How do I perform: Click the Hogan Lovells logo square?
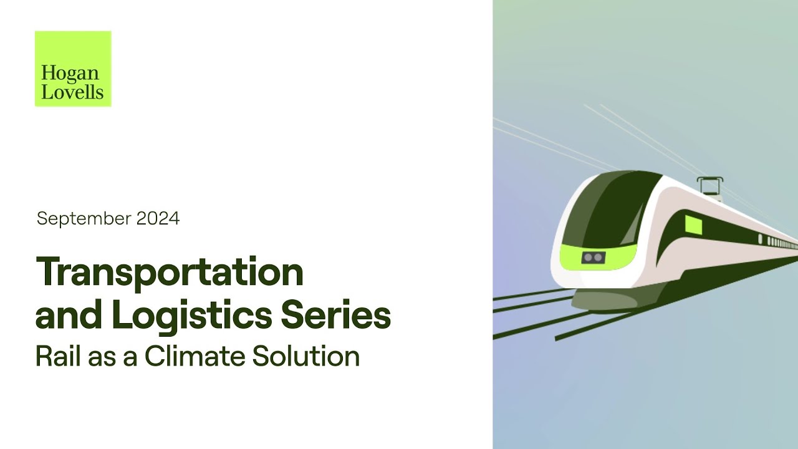(73, 69)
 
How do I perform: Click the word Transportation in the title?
(170, 273)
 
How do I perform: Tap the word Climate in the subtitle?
(195, 356)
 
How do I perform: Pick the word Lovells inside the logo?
(72, 93)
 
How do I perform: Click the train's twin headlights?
(592, 257)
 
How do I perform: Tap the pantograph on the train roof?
(709, 185)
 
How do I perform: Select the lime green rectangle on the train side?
(693, 224)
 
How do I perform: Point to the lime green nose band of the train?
(595, 257)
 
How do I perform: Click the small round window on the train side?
(760, 239)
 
